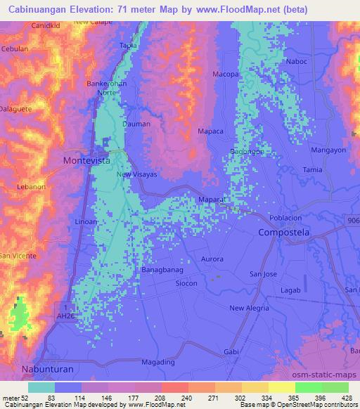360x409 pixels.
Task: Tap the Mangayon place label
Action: click(x=328, y=150)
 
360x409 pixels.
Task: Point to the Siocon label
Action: click(x=186, y=283)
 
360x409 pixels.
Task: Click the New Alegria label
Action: click(x=250, y=309)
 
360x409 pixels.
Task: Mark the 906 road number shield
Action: click(x=353, y=221)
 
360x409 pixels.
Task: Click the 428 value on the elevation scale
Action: click(x=347, y=397)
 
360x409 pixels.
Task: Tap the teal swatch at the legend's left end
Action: click(x=41, y=387)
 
